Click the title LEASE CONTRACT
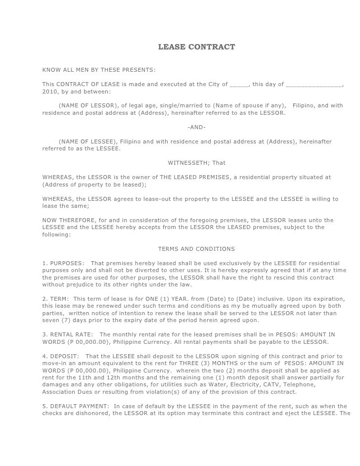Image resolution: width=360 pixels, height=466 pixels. tap(196, 47)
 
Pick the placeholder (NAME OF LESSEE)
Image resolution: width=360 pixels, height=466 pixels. tap(88, 141)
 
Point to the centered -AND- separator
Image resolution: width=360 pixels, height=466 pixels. tap(197, 127)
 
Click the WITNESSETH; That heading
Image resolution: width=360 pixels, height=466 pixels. tap(197, 163)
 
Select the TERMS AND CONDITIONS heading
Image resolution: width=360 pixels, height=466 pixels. tap(196, 249)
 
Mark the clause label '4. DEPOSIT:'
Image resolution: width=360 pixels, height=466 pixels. tap(61, 357)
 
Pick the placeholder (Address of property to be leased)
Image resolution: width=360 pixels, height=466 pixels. tap(94, 185)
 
